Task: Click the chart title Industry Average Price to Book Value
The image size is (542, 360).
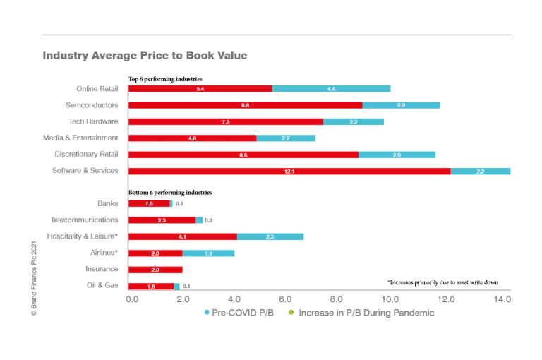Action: pyautogui.click(x=145, y=55)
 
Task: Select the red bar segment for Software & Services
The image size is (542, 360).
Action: pyautogui.click(x=289, y=171)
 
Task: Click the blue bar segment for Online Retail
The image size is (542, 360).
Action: pyautogui.click(x=331, y=89)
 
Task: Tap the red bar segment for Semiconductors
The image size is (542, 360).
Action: pyautogui.click(x=245, y=105)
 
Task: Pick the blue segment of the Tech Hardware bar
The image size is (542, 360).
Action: pyautogui.click(x=354, y=121)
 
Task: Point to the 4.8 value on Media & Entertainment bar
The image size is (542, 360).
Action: pyautogui.click(x=192, y=138)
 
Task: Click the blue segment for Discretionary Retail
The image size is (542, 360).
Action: pyautogui.click(x=397, y=155)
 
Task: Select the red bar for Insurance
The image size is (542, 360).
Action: pyautogui.click(x=156, y=270)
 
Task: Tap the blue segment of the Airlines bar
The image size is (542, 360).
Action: pyautogui.click(x=208, y=253)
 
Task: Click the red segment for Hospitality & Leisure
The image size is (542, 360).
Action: pyautogui.click(x=182, y=236)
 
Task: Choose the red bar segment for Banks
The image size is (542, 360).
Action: pyautogui.click(x=149, y=203)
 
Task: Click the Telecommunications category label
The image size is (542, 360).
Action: pyautogui.click(x=84, y=220)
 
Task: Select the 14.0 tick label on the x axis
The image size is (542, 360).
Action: pyautogui.click(x=502, y=300)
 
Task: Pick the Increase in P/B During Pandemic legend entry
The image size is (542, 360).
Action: pyautogui.click(x=361, y=313)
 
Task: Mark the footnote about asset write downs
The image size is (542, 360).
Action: pyautogui.click(x=442, y=282)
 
